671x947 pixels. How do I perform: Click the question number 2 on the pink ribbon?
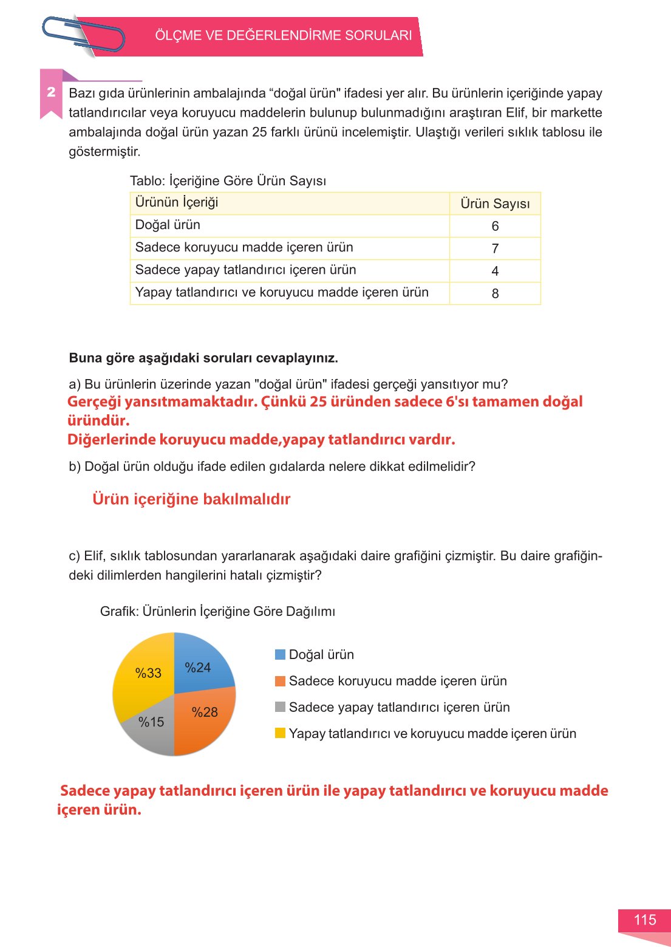click(51, 92)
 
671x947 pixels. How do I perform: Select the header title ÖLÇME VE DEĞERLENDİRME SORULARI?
click(283, 35)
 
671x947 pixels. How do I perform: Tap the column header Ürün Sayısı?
click(494, 203)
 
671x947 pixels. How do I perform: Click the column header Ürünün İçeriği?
click(177, 202)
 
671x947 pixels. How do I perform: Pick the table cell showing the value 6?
click(495, 226)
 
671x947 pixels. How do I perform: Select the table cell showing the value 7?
click(495, 248)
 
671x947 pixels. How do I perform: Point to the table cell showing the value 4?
click(495, 271)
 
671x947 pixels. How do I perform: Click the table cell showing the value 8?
click(495, 293)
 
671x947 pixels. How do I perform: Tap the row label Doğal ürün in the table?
click(168, 225)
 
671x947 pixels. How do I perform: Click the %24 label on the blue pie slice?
click(198, 668)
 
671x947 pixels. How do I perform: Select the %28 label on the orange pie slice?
click(205, 712)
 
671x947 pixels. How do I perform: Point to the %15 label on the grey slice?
click(151, 722)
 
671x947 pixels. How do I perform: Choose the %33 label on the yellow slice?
click(148, 673)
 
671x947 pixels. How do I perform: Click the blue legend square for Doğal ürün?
click(280, 654)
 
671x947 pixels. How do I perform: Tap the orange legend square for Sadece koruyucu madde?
click(280, 681)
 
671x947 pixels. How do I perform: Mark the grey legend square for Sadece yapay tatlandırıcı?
click(280, 707)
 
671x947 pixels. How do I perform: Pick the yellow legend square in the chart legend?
click(280, 733)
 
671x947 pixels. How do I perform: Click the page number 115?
click(644, 920)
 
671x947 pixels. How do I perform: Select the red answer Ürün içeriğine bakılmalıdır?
click(191, 499)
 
